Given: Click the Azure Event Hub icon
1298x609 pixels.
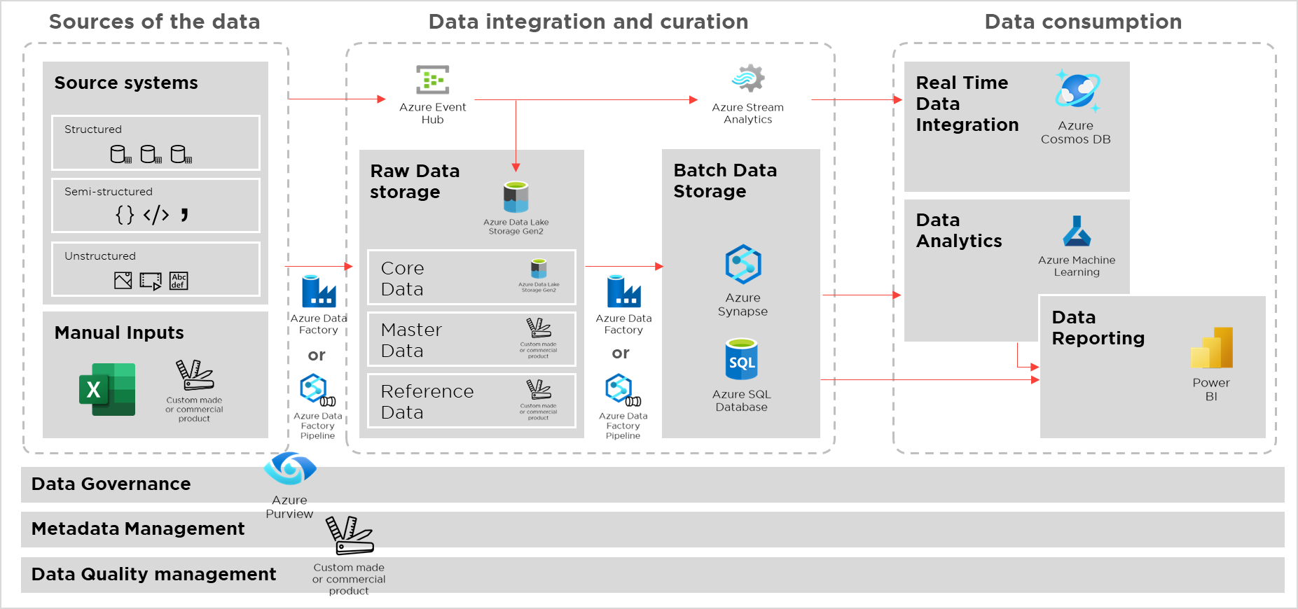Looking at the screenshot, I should click(432, 80).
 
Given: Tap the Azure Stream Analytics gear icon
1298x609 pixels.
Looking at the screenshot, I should click(748, 78).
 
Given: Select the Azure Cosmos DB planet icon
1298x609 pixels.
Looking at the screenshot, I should click(1077, 92).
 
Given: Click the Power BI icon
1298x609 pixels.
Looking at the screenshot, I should click(1211, 348).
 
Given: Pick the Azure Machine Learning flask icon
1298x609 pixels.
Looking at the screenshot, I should click(1077, 232).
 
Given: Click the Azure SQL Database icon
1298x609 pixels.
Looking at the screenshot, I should click(742, 359).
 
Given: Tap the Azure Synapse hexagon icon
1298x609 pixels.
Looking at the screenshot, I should click(743, 265).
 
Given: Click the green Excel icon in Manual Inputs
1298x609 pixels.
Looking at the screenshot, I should click(107, 389).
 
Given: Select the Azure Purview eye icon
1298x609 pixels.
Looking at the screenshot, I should click(290, 468).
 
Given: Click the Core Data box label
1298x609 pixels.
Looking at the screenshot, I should click(403, 278).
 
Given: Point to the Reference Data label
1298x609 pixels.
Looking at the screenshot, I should click(427, 401).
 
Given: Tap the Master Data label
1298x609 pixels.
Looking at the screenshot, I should click(411, 339).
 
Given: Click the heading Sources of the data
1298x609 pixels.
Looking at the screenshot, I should click(154, 22).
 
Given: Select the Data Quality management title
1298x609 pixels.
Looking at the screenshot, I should click(153, 574).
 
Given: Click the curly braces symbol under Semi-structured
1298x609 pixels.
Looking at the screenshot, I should click(125, 215).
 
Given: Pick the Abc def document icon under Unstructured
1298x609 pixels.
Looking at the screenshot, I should click(179, 281).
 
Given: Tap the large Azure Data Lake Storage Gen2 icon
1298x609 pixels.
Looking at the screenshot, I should click(516, 197).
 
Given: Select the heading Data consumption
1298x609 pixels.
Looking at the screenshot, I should click(1082, 22).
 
